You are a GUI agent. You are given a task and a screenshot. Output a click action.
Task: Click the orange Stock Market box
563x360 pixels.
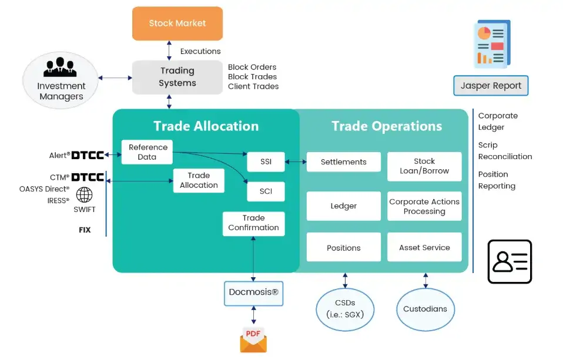pos(177,23)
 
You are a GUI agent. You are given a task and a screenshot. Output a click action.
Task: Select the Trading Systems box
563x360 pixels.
pos(177,77)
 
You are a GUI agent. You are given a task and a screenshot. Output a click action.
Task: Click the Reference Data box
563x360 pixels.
pos(148,152)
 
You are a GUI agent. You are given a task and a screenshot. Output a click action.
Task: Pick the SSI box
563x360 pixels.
pos(265,162)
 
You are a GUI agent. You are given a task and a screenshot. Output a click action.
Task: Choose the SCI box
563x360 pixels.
pos(265,191)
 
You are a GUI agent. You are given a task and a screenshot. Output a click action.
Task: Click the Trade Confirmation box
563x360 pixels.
pos(253,223)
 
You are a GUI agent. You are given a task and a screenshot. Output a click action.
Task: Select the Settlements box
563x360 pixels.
pos(343,162)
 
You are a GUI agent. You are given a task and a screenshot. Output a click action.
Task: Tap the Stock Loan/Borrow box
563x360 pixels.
pos(424,166)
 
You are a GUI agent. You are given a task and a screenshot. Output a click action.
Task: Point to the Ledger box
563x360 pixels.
pos(343,206)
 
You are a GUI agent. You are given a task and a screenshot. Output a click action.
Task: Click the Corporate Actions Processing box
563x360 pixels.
pos(424,206)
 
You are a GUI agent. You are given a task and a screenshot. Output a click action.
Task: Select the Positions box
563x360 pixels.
pos(343,247)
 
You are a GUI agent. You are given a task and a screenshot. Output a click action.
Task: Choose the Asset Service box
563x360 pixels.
pos(424,247)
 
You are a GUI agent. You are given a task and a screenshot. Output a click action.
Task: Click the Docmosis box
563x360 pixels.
pos(253,292)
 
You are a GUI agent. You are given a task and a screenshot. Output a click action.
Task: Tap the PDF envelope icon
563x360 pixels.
pos(253,339)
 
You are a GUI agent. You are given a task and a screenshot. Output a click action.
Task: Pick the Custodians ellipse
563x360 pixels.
pos(425,309)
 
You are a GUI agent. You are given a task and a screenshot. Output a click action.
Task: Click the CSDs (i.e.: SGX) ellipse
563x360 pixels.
pos(345,309)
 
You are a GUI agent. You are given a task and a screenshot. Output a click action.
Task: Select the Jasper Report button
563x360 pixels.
pos(491,86)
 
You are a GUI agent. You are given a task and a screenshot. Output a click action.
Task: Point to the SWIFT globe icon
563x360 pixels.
pos(85,194)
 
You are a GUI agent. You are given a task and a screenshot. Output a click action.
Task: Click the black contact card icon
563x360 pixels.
pos(510,261)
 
